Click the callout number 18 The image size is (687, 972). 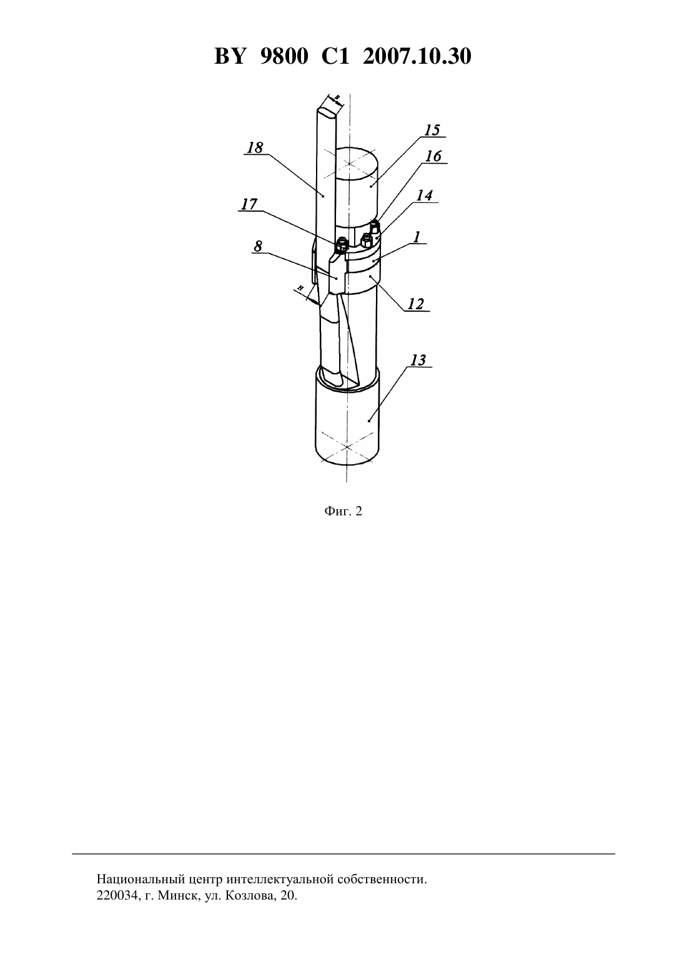pyautogui.click(x=255, y=148)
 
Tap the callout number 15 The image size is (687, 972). pyautogui.click(x=432, y=130)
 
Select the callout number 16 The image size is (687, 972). pyautogui.click(x=433, y=156)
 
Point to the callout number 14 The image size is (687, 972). pyautogui.click(x=424, y=196)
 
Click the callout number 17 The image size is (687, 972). pyautogui.click(x=249, y=204)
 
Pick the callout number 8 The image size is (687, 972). pyautogui.click(x=258, y=247)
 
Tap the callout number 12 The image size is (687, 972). pyautogui.click(x=415, y=304)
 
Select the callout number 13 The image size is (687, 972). pyautogui.click(x=418, y=360)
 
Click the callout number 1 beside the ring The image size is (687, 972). pyautogui.click(x=417, y=237)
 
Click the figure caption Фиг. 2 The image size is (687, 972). pyautogui.click(x=343, y=511)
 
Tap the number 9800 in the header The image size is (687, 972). pyautogui.click(x=284, y=56)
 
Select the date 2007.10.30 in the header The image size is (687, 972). pyautogui.click(x=417, y=56)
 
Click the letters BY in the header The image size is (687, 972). pyautogui.click(x=230, y=56)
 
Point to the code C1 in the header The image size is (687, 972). pyautogui.click(x=335, y=56)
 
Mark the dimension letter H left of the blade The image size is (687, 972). pyautogui.click(x=300, y=288)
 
